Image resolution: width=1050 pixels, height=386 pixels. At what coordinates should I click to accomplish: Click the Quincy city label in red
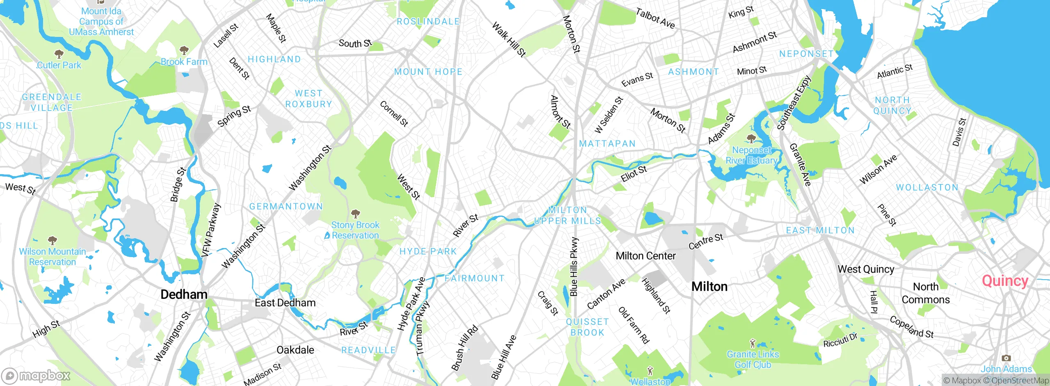click(1005, 281)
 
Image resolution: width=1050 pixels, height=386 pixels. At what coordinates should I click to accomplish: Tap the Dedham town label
click(184, 294)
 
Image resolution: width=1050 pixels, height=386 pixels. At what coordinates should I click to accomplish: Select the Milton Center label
click(646, 256)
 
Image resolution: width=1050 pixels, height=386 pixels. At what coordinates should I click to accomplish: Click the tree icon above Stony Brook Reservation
click(355, 214)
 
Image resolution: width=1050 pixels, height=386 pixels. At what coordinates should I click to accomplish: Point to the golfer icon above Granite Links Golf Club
click(752, 343)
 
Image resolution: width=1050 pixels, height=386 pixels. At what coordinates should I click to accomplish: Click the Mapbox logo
click(36, 376)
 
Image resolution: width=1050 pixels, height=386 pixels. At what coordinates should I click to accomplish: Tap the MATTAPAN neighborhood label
click(607, 144)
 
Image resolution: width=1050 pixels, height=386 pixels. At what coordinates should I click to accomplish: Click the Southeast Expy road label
click(794, 103)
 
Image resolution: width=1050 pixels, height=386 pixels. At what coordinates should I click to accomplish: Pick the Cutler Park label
click(59, 65)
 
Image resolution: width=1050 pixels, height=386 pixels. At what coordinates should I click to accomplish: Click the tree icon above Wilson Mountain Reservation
click(52, 240)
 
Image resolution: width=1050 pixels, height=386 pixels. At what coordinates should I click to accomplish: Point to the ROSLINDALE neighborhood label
click(428, 21)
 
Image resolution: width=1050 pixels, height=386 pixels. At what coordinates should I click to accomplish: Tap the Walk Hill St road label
click(509, 39)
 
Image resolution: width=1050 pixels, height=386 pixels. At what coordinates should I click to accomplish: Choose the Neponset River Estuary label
click(751, 155)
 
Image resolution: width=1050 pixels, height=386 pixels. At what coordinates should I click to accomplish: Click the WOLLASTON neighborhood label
click(927, 188)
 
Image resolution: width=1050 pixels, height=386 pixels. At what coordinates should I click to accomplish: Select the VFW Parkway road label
click(211, 230)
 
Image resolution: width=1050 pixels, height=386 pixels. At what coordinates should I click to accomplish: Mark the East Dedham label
click(285, 303)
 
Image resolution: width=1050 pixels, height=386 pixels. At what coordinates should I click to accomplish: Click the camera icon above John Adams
click(1006, 358)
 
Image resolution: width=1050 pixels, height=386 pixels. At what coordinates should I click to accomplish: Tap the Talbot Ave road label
click(655, 18)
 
